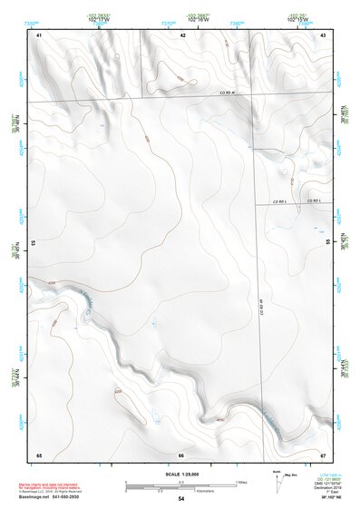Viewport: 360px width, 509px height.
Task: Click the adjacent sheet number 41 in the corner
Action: point(39,34)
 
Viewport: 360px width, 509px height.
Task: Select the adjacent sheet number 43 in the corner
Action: point(324,34)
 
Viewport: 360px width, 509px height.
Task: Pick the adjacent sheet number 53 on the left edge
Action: point(34,243)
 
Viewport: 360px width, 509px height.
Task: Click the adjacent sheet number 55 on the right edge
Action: point(327,243)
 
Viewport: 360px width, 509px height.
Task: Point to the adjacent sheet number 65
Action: point(39,454)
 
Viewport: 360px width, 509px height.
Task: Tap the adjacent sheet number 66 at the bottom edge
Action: point(181,454)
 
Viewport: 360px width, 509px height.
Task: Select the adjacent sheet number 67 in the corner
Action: point(324,454)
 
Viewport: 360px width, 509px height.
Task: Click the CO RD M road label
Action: point(227,93)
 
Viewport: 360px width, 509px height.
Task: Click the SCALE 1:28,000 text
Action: point(180,473)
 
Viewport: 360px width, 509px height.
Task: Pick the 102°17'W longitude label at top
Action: point(99,20)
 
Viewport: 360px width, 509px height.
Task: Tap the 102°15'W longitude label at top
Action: point(297,20)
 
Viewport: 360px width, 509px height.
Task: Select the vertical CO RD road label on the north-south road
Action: point(260,308)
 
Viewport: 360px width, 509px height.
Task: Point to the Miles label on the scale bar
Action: point(240,481)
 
